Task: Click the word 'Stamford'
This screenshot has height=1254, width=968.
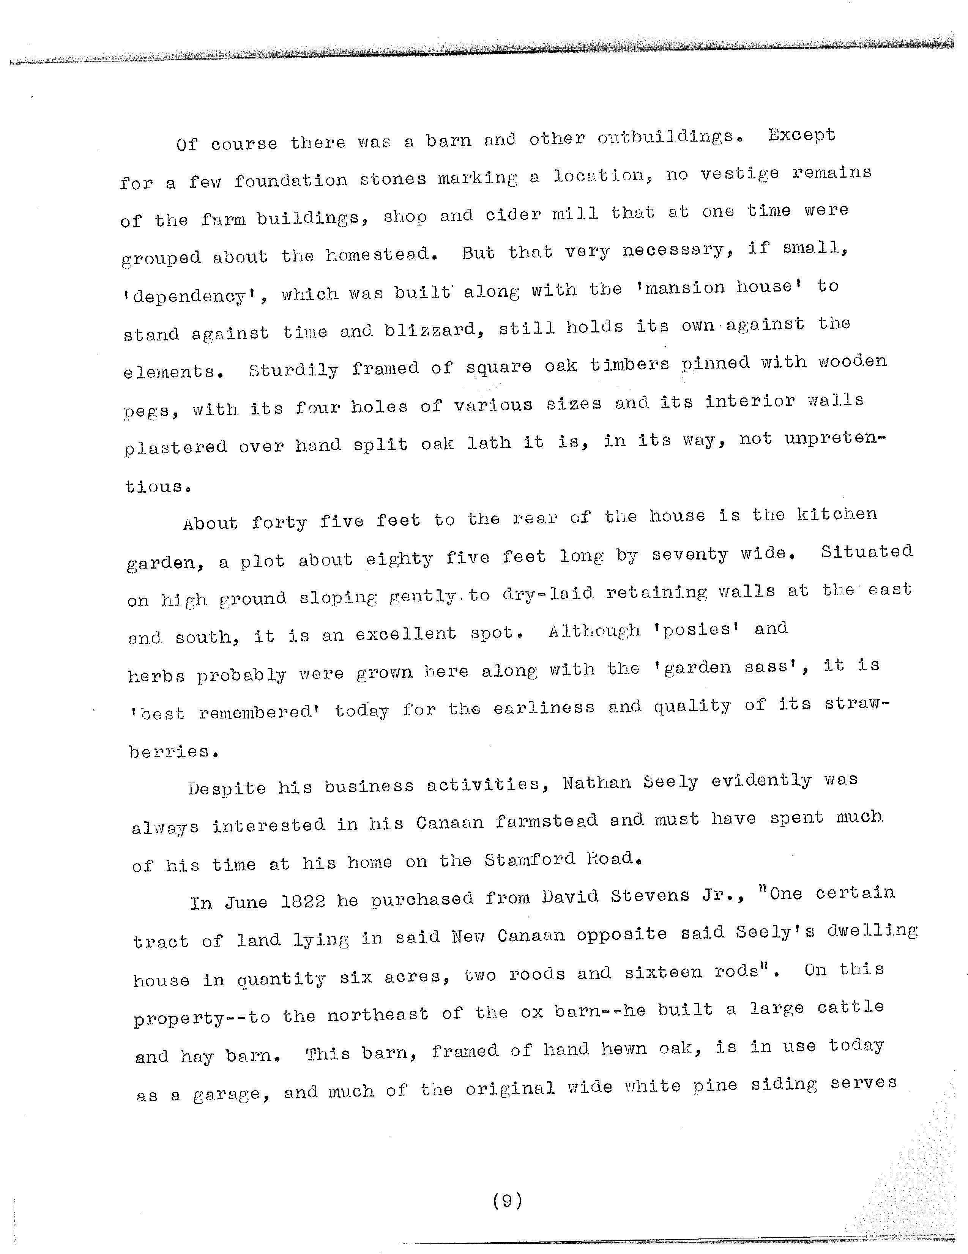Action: pos(529,860)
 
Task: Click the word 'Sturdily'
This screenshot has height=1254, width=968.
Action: pos(293,369)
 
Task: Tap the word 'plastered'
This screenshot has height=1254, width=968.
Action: pos(176,446)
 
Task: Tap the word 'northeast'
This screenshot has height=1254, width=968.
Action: pos(377,1015)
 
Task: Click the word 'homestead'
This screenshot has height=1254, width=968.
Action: pos(378,254)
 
